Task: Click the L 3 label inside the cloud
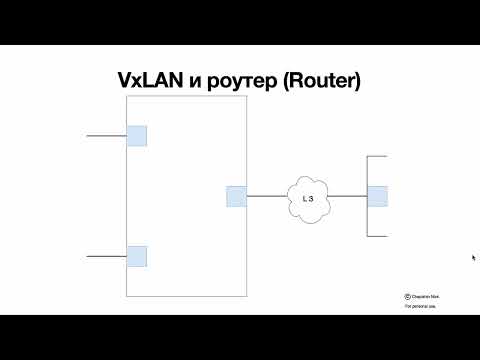(308, 198)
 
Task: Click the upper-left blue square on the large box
(137, 136)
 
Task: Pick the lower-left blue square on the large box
(137, 256)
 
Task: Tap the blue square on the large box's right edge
(236, 196)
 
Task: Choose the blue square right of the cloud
(377, 196)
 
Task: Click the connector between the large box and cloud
(266, 196)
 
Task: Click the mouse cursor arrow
(473, 257)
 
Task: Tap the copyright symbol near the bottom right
(408, 296)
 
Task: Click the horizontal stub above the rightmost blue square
(377, 157)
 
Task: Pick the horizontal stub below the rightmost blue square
(377, 236)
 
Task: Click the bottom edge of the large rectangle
(186, 296)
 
